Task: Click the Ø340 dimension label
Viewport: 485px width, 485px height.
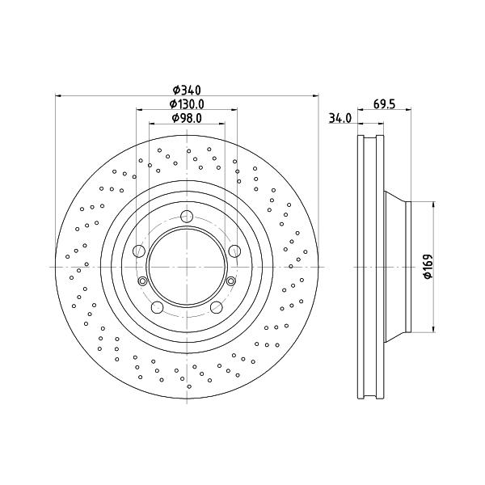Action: (187, 90)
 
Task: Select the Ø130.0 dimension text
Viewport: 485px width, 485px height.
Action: (187, 104)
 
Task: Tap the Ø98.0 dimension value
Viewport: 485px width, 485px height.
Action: (187, 118)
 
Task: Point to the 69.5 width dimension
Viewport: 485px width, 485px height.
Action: (384, 104)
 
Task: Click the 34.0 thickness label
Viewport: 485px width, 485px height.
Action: (340, 118)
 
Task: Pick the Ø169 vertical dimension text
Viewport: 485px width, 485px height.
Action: (428, 266)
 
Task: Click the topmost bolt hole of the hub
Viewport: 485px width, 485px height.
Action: (187, 216)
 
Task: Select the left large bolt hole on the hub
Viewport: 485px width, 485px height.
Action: (139, 251)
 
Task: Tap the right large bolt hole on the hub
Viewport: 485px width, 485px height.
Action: (234, 251)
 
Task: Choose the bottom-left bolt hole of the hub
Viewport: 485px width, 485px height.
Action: (157, 307)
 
